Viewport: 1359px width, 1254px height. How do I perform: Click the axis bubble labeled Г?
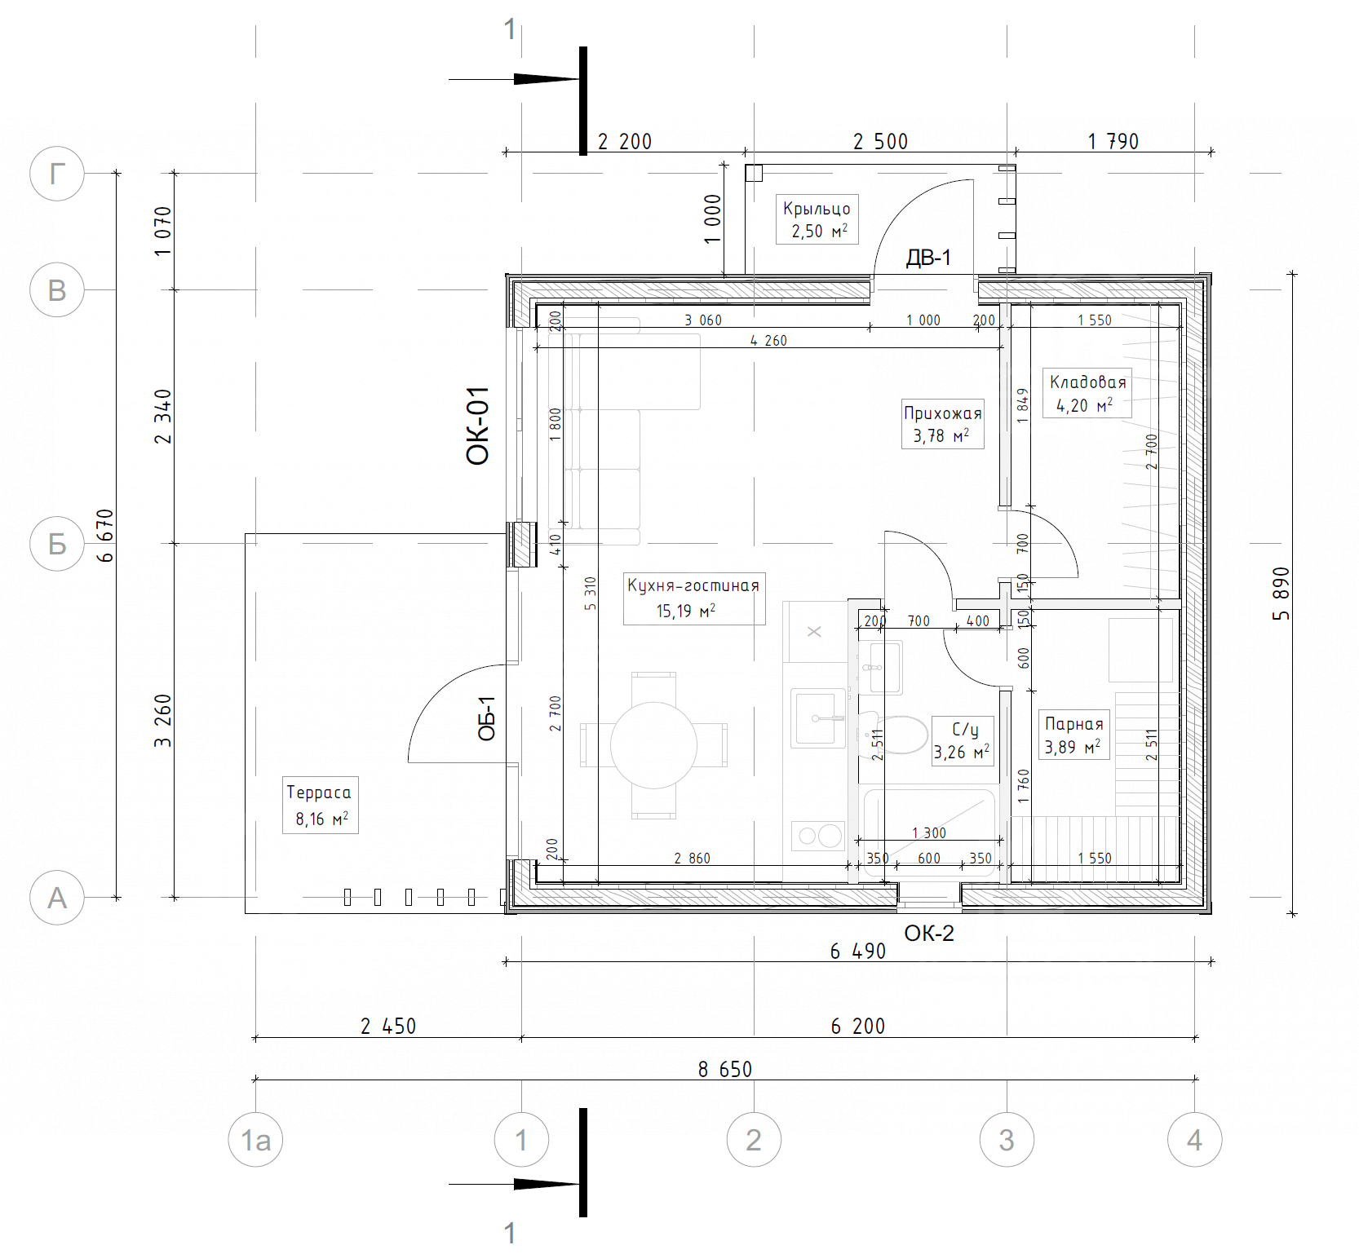pos(57,174)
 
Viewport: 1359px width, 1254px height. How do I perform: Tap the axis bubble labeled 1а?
pos(255,1140)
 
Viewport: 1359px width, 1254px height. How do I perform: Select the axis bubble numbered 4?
pos(1194,1140)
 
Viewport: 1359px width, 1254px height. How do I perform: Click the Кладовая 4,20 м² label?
pos(1087,393)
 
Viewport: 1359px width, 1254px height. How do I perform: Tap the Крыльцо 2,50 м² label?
pos(817,219)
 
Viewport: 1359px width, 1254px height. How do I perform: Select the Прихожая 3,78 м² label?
pos(942,424)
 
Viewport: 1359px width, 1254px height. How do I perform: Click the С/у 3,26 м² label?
pos(963,740)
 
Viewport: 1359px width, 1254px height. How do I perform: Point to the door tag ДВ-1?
pos(928,258)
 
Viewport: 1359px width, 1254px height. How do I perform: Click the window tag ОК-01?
pos(477,426)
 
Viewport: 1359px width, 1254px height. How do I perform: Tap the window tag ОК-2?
pos(929,934)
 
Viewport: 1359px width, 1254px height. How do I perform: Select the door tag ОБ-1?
pos(487,718)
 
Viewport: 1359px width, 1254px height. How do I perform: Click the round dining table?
pos(653,745)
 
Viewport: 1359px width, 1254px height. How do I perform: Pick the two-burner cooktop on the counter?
pos(817,836)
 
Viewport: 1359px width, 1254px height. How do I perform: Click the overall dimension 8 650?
pos(725,1069)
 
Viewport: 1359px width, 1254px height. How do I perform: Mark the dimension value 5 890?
pos(1282,594)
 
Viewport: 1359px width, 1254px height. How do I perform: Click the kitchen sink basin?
pos(819,718)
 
